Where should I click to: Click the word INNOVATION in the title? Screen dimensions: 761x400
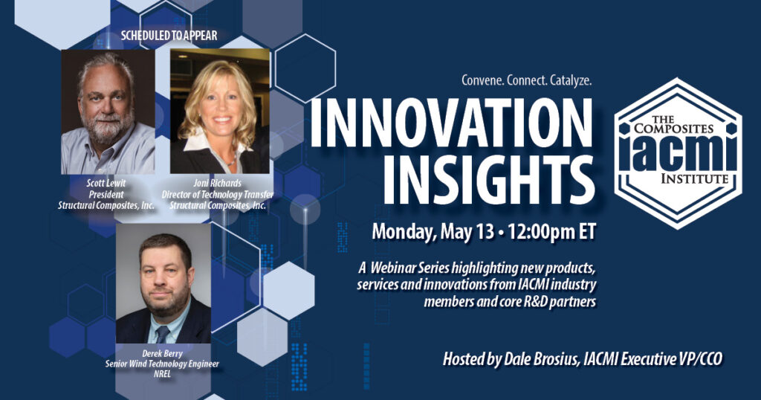(x=451, y=123)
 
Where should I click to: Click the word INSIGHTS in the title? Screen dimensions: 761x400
(x=490, y=180)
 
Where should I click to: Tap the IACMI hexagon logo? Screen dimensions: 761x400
(x=678, y=153)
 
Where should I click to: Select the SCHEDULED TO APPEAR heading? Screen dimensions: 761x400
(x=169, y=36)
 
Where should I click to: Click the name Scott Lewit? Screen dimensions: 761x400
(x=106, y=183)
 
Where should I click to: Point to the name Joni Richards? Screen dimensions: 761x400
(x=218, y=183)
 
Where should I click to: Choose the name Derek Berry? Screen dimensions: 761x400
(x=162, y=353)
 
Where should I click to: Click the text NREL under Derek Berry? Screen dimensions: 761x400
(x=162, y=374)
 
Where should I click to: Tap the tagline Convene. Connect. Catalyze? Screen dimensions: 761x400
(x=527, y=80)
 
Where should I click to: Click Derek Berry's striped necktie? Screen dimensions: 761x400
(x=162, y=334)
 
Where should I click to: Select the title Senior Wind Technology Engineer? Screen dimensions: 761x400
(x=162, y=364)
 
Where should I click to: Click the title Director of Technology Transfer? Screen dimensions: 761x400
(x=218, y=194)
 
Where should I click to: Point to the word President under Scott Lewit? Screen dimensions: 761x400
(x=106, y=194)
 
